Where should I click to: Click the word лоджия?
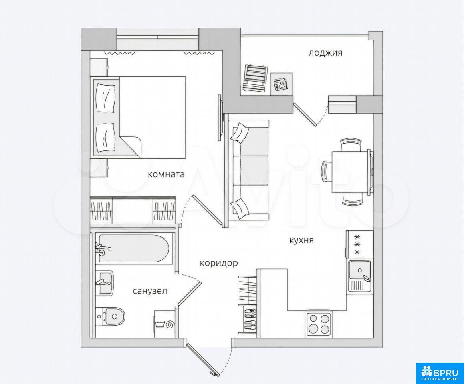(x=325, y=53)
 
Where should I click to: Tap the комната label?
(x=166, y=174)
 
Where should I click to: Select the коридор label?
(x=219, y=263)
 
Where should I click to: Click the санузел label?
(x=150, y=291)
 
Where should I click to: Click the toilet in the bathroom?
(x=110, y=316)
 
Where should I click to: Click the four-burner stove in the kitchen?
(x=319, y=324)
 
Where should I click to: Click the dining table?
(x=351, y=172)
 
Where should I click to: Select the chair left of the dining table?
(x=326, y=172)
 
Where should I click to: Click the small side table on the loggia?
(x=282, y=84)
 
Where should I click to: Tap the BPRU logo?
(x=440, y=373)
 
